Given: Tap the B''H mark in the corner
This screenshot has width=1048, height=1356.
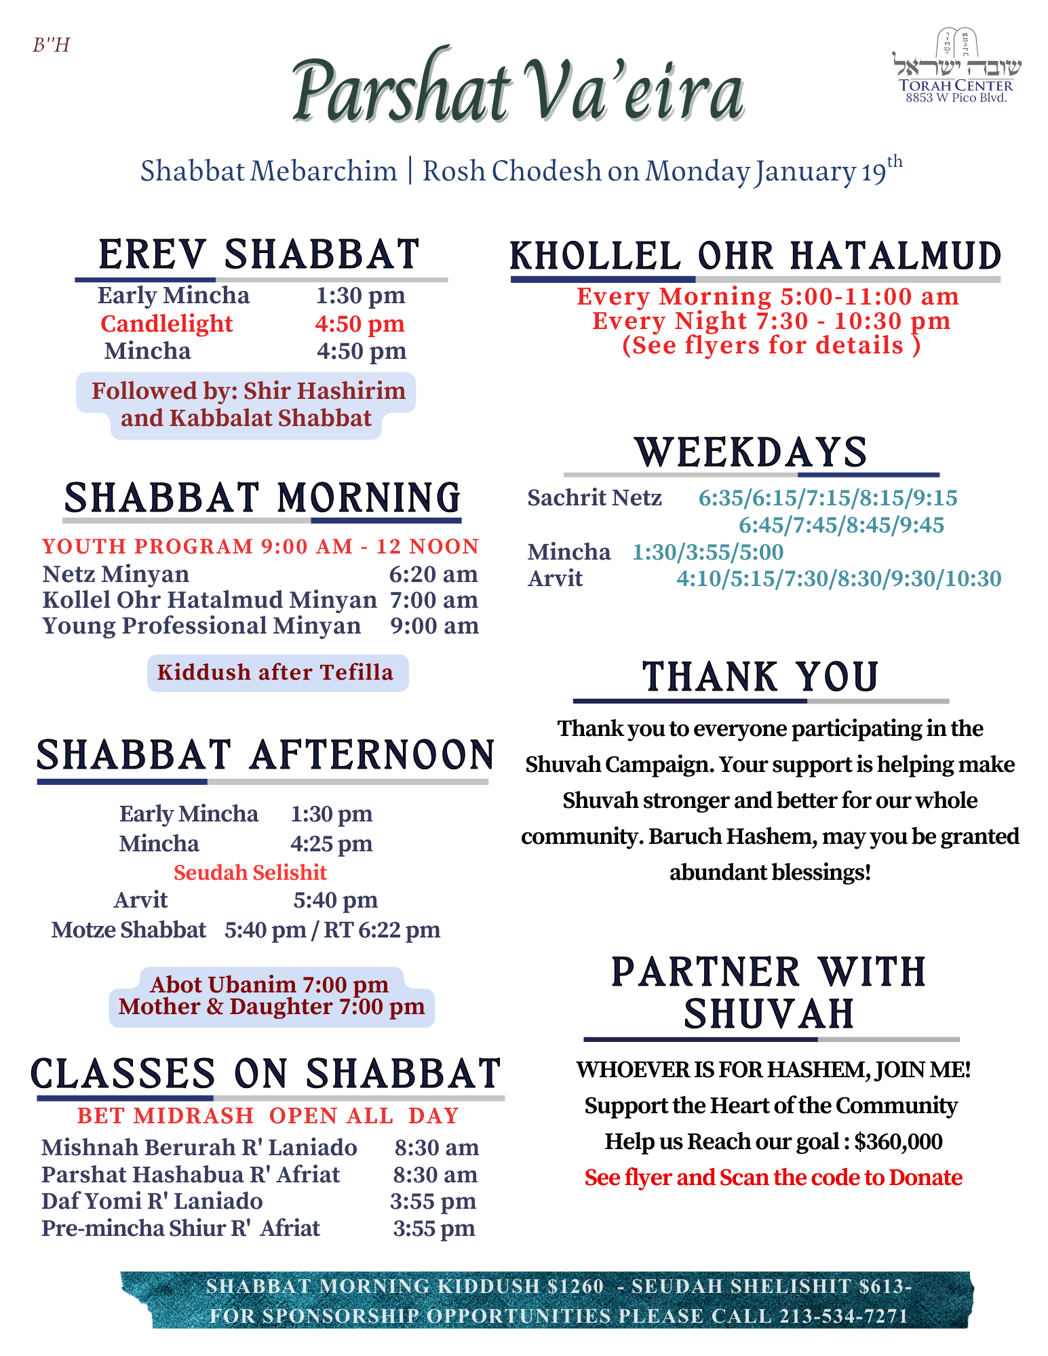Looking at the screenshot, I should (52, 45).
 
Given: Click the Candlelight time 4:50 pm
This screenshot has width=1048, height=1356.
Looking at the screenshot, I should (360, 324).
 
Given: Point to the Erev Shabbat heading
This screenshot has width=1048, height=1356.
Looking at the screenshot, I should (260, 254).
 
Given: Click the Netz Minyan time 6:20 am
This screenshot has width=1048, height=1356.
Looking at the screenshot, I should (433, 574).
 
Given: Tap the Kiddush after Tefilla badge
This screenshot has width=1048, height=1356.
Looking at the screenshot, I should (275, 672).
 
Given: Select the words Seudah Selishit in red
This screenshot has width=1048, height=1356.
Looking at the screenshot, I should (250, 872).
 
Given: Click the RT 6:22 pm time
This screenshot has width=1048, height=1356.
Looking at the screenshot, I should (382, 929).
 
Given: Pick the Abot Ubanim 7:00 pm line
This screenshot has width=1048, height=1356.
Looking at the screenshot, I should (269, 984).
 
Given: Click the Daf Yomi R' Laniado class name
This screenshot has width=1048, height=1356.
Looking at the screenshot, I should (152, 1201).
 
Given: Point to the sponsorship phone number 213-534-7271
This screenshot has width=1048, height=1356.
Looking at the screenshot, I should (843, 1316).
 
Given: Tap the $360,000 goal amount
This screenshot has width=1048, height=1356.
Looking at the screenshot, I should (898, 1142).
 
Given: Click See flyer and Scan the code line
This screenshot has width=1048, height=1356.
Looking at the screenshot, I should (773, 1178).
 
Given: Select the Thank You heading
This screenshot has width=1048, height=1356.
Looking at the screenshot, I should (760, 678).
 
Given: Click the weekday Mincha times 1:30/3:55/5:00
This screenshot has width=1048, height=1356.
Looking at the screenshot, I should (707, 552).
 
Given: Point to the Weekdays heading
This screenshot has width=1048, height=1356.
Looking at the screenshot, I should (751, 452).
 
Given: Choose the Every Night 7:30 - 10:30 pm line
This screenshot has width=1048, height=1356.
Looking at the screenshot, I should (771, 321).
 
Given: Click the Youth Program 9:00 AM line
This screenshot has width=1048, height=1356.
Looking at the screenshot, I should (260, 546).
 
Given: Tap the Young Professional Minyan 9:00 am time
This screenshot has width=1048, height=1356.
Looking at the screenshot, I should (434, 625).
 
